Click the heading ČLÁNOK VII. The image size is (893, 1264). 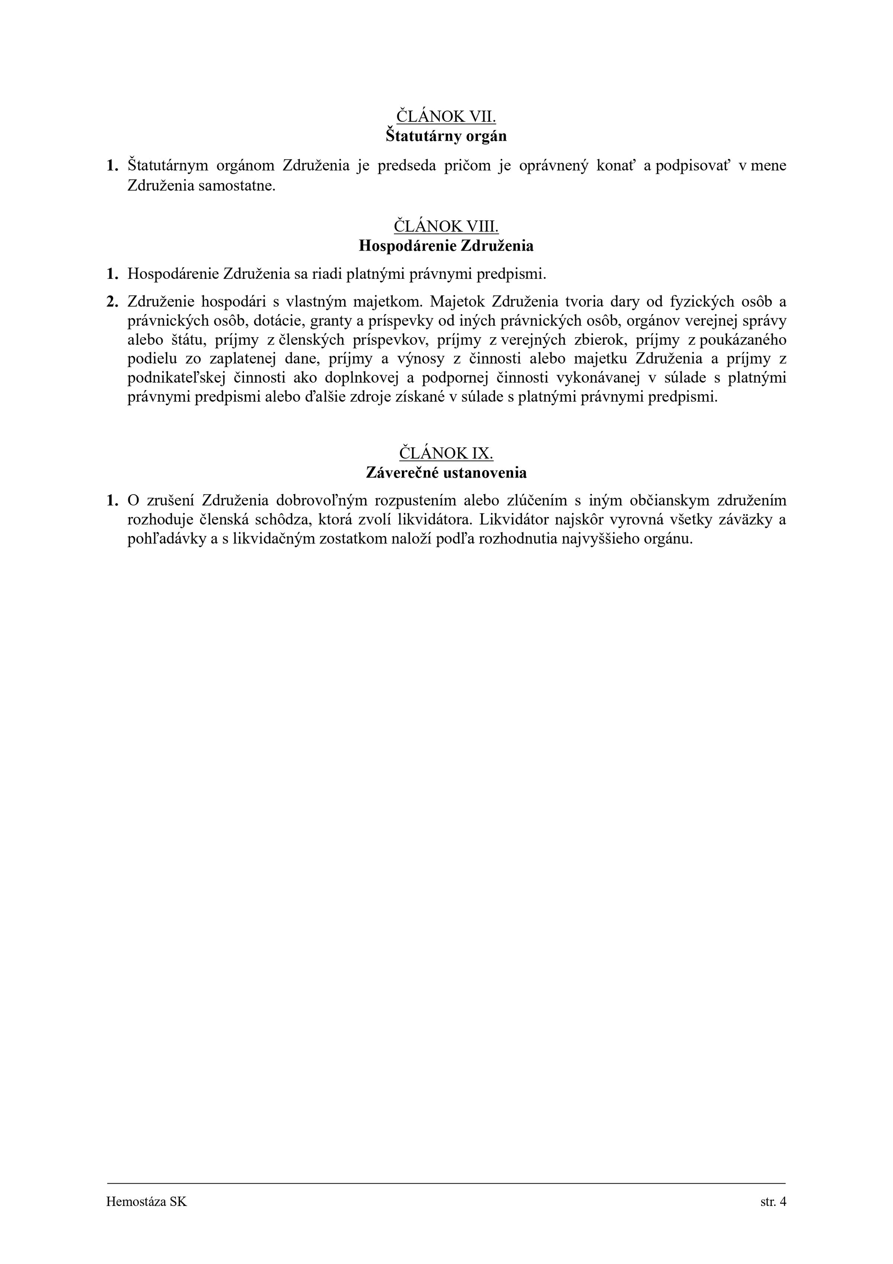[x=446, y=117]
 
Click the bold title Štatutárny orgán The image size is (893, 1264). [x=446, y=136]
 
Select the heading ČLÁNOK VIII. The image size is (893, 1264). [x=446, y=226]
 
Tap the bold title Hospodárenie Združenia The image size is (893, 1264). [x=446, y=246]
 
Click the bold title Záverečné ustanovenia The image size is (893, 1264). [x=446, y=472]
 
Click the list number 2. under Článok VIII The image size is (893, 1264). [x=112, y=302]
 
